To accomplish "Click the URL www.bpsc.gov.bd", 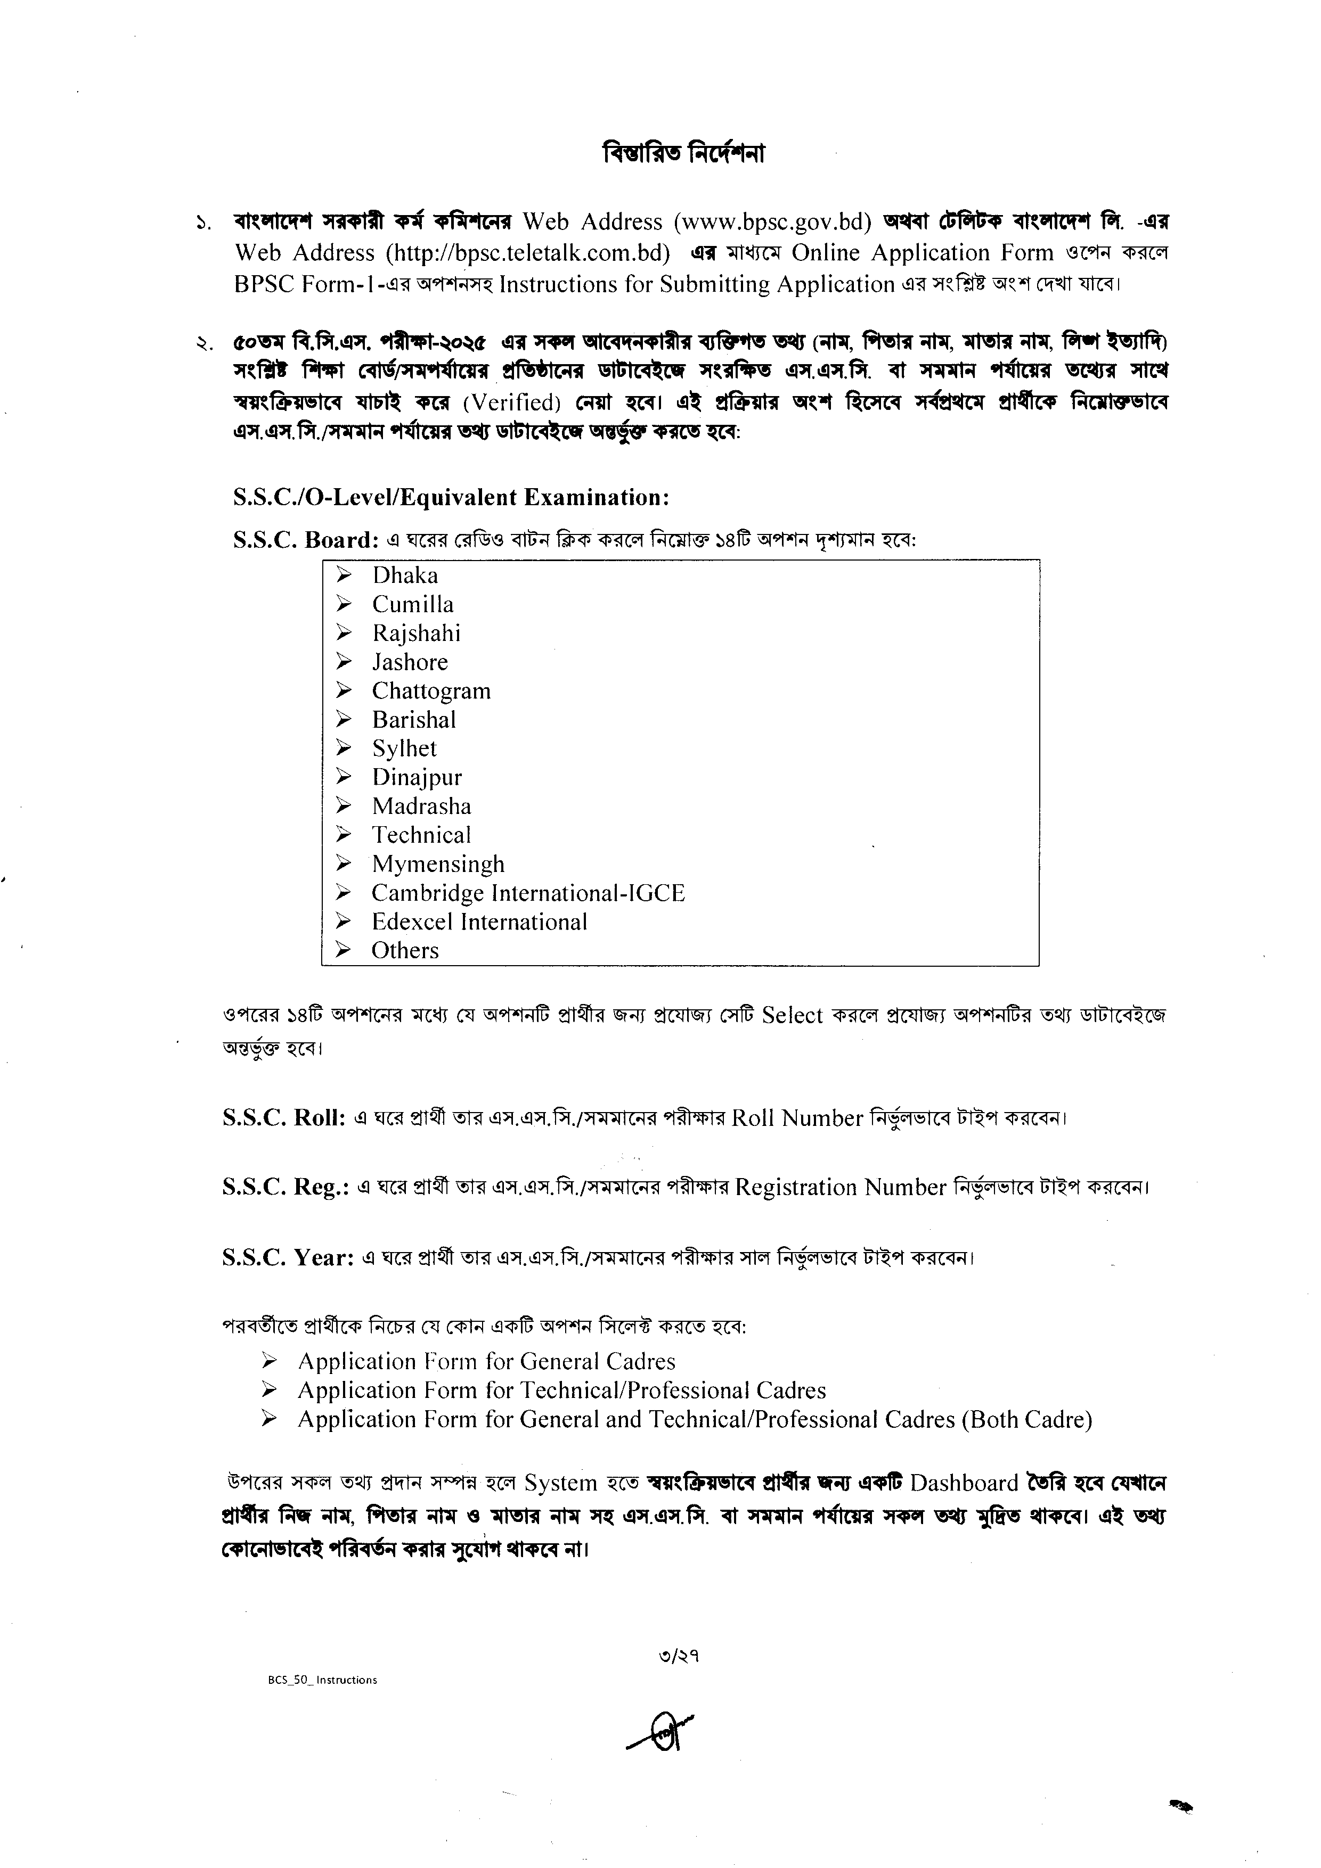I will (x=772, y=222).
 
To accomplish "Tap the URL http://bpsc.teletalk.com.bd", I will (x=528, y=253).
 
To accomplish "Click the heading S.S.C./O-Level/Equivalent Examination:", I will (x=451, y=497).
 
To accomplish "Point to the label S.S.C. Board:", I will (x=305, y=540).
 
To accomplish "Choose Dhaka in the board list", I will (x=404, y=576).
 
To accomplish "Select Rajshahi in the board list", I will (x=416, y=634).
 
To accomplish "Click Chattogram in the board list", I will (x=431, y=692).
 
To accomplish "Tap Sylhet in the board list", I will (x=404, y=750).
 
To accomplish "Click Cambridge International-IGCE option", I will (x=528, y=893).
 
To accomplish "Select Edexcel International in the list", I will (x=479, y=922).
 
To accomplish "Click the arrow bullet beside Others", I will (x=344, y=950).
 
